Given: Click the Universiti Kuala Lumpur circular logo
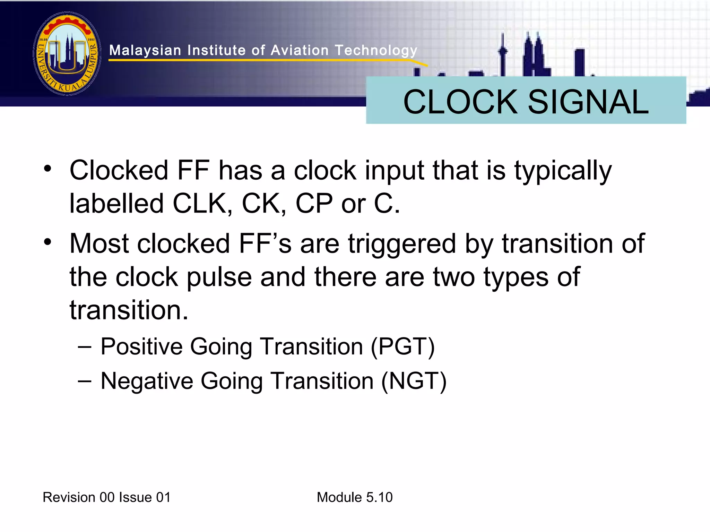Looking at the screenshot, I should [67, 54].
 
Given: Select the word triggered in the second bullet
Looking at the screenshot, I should [402, 244].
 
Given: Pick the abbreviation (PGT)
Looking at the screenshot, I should [402, 346].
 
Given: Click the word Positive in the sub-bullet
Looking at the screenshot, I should [141, 346].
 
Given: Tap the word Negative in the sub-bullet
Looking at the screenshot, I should [147, 381].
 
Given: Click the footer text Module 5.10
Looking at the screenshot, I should [354, 497].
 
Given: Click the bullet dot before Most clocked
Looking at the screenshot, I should [48, 242].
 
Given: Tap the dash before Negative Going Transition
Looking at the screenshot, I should [85, 381].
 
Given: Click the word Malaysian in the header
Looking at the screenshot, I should [145, 51].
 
